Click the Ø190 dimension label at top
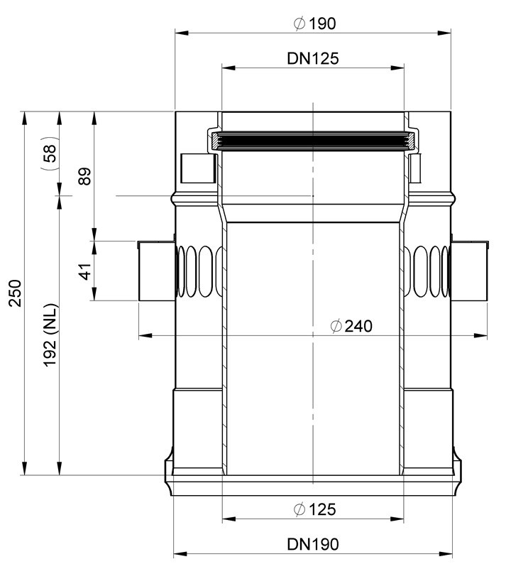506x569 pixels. tap(314, 23)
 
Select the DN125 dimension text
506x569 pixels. tap(313, 58)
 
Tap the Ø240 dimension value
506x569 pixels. tap(351, 326)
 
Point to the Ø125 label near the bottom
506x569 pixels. tap(314, 509)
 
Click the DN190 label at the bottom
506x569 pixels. tap(313, 544)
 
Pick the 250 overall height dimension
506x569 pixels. tap(16, 293)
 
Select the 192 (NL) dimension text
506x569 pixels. tap(50, 335)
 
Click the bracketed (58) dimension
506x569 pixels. tap(49, 153)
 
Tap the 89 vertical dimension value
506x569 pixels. tap(85, 176)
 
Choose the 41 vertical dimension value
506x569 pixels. tap(86, 271)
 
